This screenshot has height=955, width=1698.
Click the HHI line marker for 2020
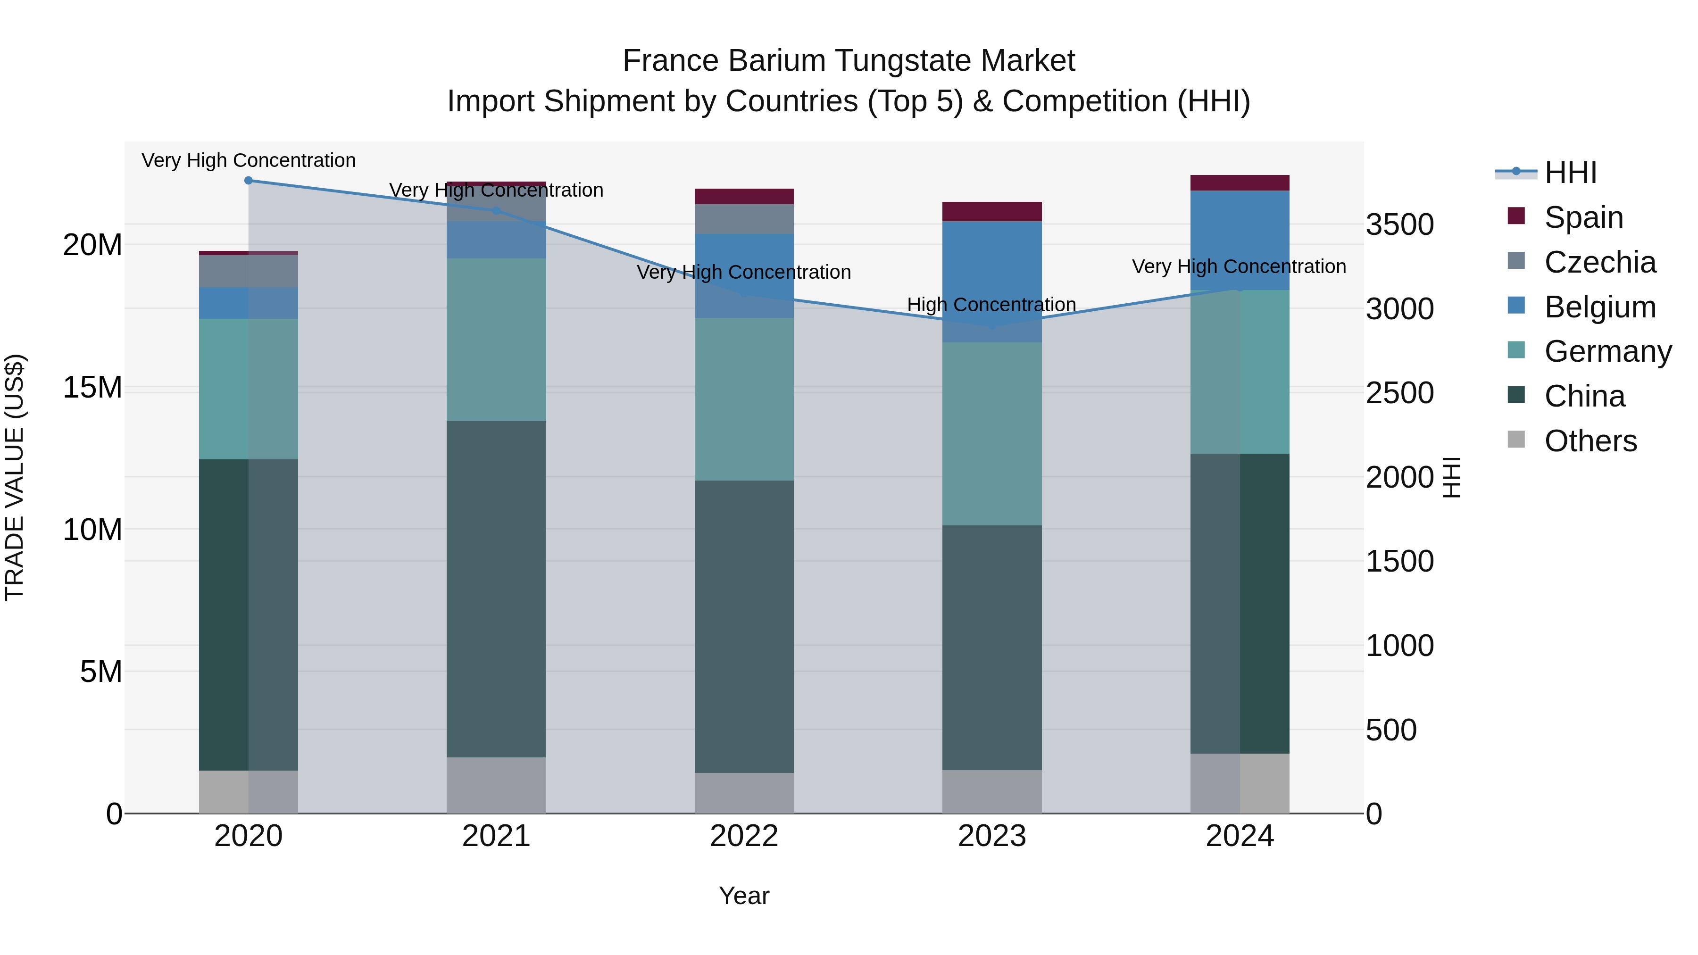[x=249, y=181]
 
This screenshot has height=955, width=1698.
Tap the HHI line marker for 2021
[x=496, y=211]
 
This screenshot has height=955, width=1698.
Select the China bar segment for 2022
[x=744, y=626]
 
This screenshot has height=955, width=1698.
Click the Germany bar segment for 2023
[x=992, y=434]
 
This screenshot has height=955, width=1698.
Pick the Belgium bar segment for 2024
[x=1240, y=240]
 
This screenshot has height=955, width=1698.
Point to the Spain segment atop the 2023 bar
[x=992, y=212]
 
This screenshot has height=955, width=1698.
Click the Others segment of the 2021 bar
[x=496, y=785]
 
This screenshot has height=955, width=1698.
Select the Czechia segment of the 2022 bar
[x=744, y=219]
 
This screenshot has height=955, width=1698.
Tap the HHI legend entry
[x=1570, y=173]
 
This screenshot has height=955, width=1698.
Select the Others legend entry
[x=1590, y=441]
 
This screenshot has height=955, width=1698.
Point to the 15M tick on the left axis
[x=92, y=388]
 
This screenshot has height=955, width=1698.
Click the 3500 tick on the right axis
[x=1399, y=225]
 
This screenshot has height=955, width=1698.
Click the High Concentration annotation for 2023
[x=991, y=305]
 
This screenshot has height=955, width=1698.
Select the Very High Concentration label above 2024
[x=1239, y=266]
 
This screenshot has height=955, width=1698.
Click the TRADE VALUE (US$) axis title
[x=15, y=477]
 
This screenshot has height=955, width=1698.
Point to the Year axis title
[x=744, y=896]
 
